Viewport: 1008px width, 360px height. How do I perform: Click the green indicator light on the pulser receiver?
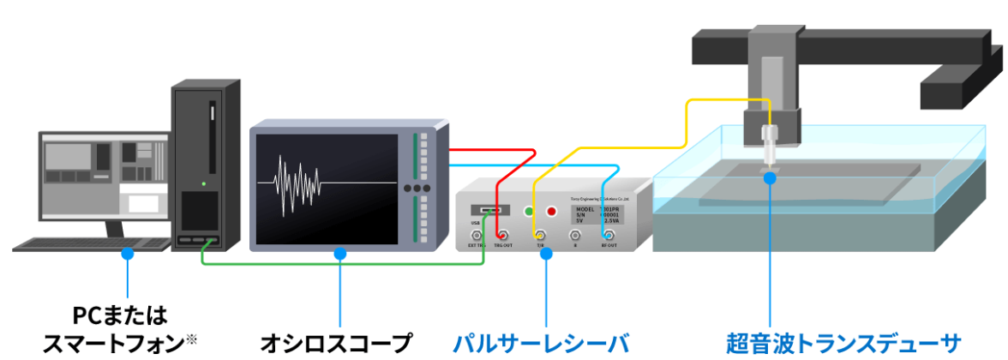(x=529, y=211)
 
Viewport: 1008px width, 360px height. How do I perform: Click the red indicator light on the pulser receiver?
(x=551, y=211)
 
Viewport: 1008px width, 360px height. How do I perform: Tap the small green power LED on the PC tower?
(x=203, y=183)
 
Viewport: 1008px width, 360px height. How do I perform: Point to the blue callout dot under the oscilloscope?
(x=340, y=254)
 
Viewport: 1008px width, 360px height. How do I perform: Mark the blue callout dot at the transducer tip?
(x=771, y=178)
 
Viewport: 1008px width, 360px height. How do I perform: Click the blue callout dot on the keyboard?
(x=128, y=254)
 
